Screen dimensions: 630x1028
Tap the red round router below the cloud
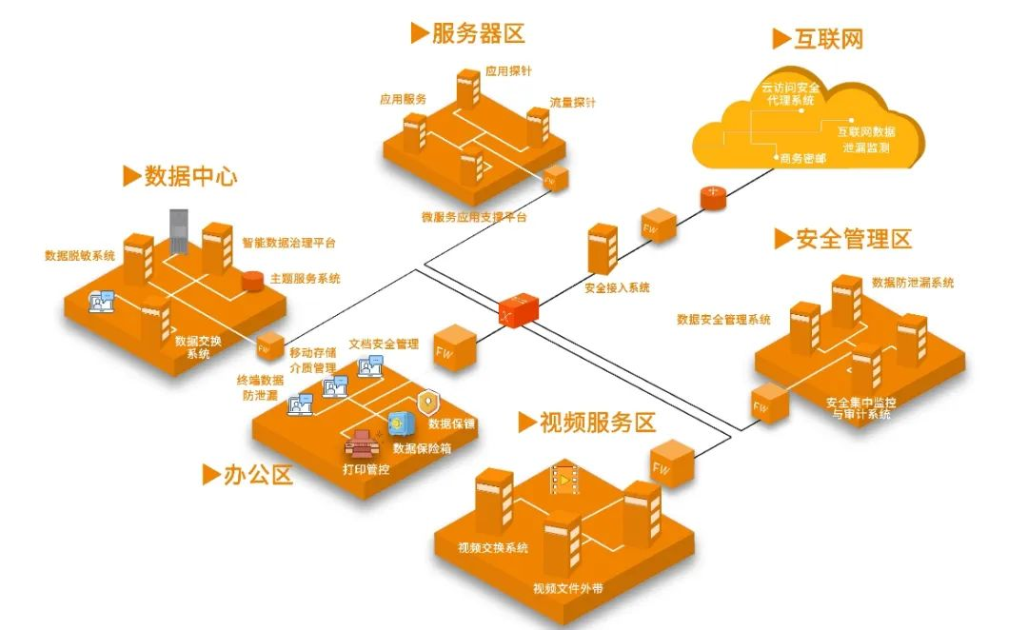click(x=713, y=197)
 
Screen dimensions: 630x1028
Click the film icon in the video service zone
click(x=564, y=480)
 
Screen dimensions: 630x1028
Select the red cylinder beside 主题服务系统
click(x=251, y=281)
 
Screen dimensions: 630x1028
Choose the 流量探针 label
click(x=573, y=103)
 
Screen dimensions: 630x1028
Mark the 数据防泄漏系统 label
click(x=913, y=283)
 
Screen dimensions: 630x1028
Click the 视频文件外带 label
click(x=567, y=589)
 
